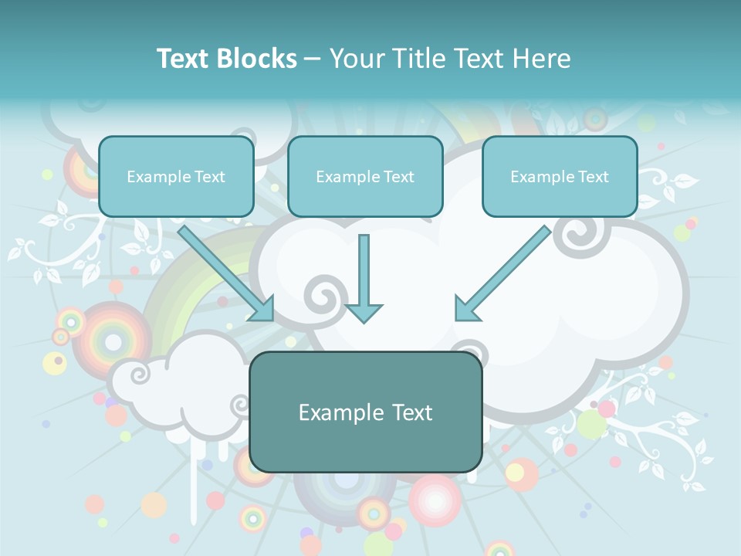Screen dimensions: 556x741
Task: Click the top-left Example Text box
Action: [176, 177]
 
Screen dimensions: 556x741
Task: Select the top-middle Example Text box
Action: [365, 177]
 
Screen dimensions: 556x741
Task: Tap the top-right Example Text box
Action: [560, 177]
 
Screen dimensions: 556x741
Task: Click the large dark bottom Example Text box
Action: [365, 412]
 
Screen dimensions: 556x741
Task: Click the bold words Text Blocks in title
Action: [226, 59]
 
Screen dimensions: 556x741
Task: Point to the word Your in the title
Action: [357, 59]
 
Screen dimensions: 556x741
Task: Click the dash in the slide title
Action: [313, 59]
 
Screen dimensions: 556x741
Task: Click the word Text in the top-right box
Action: [593, 177]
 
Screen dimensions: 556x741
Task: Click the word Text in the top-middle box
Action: [398, 177]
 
